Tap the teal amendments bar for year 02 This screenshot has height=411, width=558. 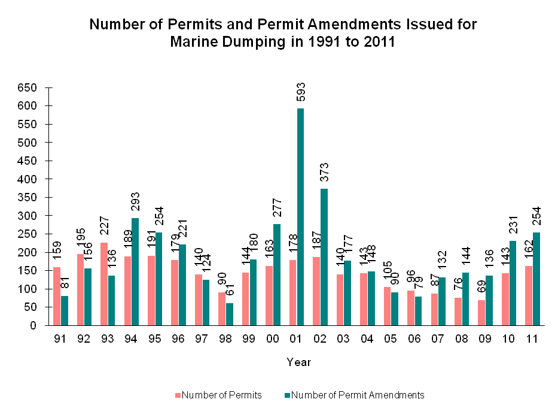click(x=324, y=257)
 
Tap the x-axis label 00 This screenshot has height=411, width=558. click(x=272, y=339)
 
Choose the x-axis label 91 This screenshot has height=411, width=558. click(x=60, y=339)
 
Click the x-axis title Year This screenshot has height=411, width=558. click(x=298, y=362)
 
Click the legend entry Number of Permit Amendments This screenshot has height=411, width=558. click(x=357, y=395)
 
